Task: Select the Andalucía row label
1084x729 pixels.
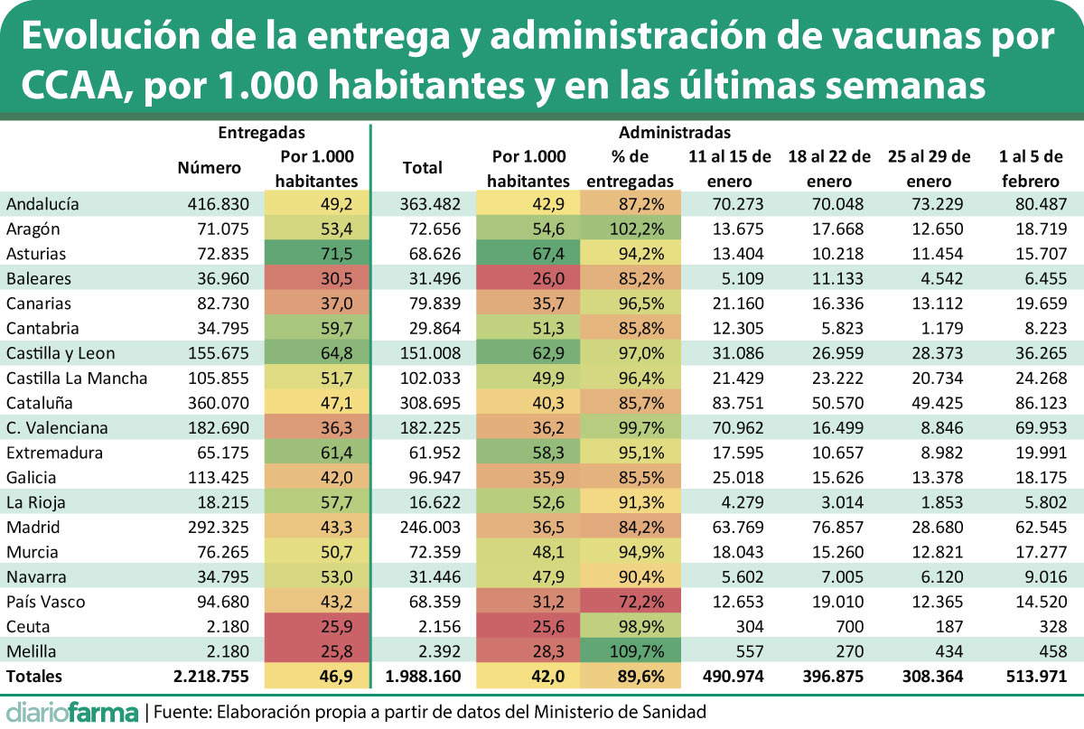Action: tap(42, 204)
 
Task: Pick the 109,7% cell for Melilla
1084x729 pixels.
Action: tap(631, 651)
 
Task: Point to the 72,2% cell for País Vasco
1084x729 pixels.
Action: tap(631, 602)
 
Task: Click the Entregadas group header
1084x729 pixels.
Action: tap(261, 133)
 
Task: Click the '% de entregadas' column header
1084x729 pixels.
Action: tap(631, 168)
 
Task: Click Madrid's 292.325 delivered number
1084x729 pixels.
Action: tap(214, 527)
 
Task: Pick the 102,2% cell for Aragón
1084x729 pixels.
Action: tap(631, 229)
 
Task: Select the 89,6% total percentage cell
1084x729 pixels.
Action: tap(631, 676)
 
